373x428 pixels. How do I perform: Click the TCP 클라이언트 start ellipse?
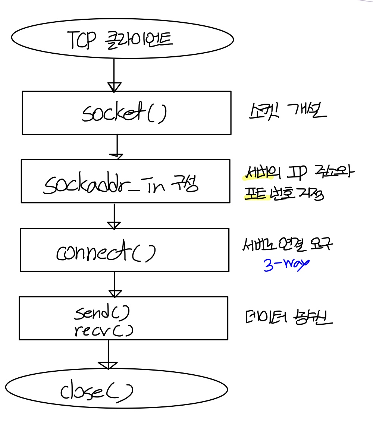(x=122, y=39)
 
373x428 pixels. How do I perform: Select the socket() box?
(x=126, y=113)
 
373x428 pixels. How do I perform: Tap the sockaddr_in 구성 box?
(x=125, y=181)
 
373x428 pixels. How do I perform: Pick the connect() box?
(x=124, y=249)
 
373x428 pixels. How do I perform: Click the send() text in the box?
(x=101, y=314)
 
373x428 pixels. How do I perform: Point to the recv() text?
(x=103, y=330)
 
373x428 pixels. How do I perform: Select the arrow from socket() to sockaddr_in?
(x=117, y=147)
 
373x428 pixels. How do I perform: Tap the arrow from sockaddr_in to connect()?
(x=114, y=216)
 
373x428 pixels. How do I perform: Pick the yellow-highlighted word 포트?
(x=257, y=193)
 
